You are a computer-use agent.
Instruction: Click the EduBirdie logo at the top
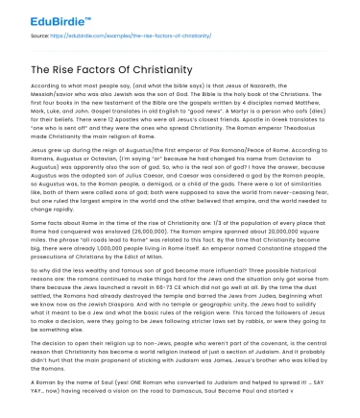pyautogui.click(x=37, y=13)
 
